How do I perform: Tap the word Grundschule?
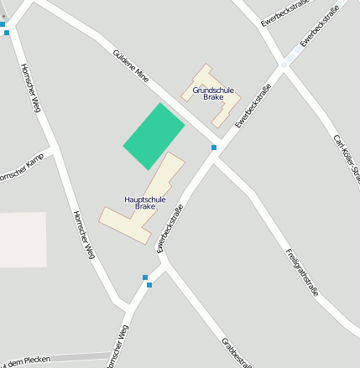click(x=212, y=90)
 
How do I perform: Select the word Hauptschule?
click(x=145, y=200)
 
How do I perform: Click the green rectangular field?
click(x=154, y=136)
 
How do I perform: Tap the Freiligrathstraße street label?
click(x=301, y=272)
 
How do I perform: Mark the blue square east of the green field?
click(x=214, y=148)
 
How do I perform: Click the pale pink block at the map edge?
click(x=22, y=239)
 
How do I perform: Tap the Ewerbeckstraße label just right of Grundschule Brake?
click(x=253, y=106)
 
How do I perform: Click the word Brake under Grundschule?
click(x=212, y=97)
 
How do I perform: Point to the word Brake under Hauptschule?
click(x=145, y=206)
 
